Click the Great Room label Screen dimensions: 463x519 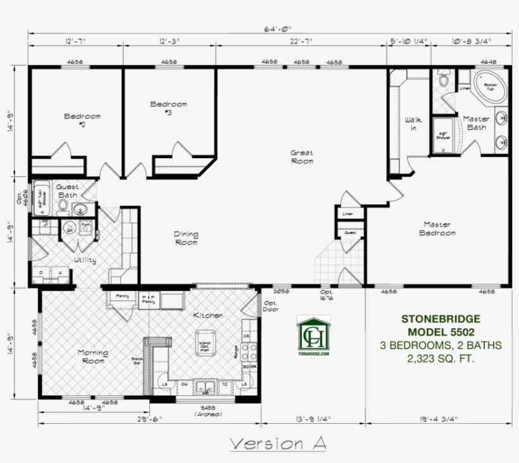pyautogui.click(x=301, y=156)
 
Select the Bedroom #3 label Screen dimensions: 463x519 pyautogui.click(x=168, y=108)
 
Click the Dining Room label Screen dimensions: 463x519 pyautogui.click(x=185, y=238)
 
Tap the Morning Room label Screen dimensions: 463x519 pyautogui.click(x=92, y=356)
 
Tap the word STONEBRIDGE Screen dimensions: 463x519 pyautogui.click(x=441, y=319)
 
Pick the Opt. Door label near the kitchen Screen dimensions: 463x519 pyautogui.click(x=270, y=307)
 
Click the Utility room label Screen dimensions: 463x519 pyautogui.click(x=85, y=259)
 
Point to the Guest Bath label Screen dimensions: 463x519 pyautogui.click(x=67, y=191)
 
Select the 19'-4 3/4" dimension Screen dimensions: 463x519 pyautogui.click(x=439, y=418)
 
